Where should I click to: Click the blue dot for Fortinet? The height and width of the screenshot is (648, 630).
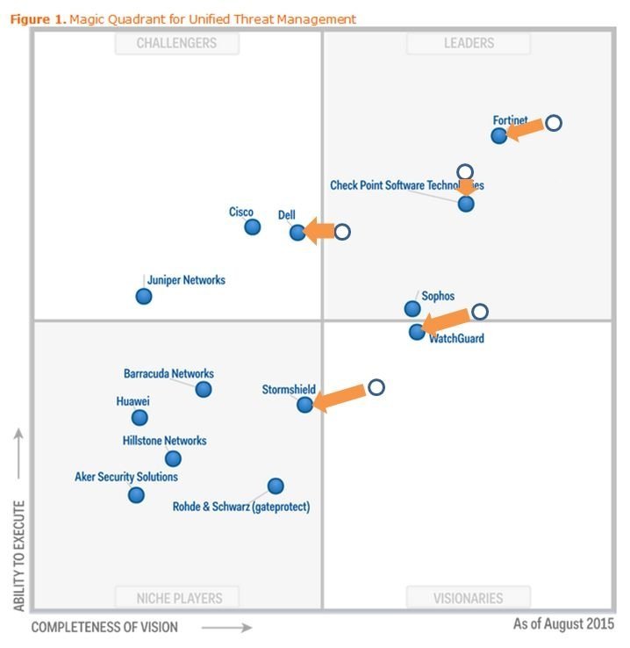coord(499,135)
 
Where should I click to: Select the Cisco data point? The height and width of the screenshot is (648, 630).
coord(253,227)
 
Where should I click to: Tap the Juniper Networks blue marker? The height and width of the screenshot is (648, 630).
coord(144,296)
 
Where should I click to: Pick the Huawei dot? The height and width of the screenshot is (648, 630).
coord(140,418)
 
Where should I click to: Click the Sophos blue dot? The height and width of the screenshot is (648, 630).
coord(412,308)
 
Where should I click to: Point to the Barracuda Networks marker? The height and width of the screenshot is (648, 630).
coord(204,389)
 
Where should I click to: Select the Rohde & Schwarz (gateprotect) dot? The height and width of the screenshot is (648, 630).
coord(276,486)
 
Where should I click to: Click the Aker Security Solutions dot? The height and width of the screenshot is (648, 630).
coord(136,495)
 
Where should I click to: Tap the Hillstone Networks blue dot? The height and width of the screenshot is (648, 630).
coord(173,458)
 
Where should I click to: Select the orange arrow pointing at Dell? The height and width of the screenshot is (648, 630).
coord(319,232)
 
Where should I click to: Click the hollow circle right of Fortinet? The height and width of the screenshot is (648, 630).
coord(554,123)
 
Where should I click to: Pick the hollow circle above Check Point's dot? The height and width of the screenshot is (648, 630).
coord(465,172)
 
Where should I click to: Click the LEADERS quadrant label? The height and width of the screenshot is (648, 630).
coord(469,42)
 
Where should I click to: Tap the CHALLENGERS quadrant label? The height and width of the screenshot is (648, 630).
coord(176,42)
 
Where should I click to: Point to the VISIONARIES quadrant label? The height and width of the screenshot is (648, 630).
coord(469,598)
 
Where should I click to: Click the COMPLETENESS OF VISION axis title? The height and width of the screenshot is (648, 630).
coord(104,627)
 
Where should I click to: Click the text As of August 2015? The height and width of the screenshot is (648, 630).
coord(563,623)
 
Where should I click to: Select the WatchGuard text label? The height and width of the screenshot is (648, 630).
coord(456,338)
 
